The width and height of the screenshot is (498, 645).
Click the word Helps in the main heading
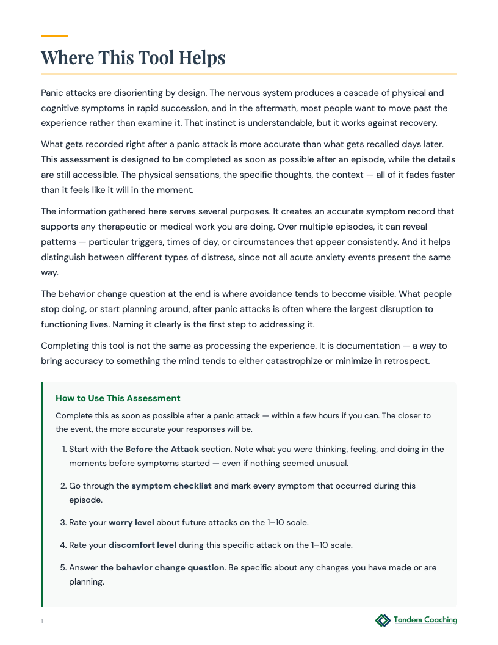[201, 58]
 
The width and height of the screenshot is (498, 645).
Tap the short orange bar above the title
[54, 37]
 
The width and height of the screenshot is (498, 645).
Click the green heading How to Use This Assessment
[118, 398]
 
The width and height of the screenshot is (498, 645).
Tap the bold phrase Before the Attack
[162, 449]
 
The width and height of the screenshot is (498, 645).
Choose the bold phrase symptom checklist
[171, 486]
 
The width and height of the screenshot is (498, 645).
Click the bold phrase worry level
[131, 523]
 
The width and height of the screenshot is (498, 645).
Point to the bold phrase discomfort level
[142, 545]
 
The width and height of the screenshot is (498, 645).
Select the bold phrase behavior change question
[170, 567]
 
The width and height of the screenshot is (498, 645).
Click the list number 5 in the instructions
[63, 567]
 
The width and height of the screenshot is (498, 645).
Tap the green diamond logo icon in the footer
[383, 621]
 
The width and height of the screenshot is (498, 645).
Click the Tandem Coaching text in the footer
[425, 621]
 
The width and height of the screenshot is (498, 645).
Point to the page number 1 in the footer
[42, 621]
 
